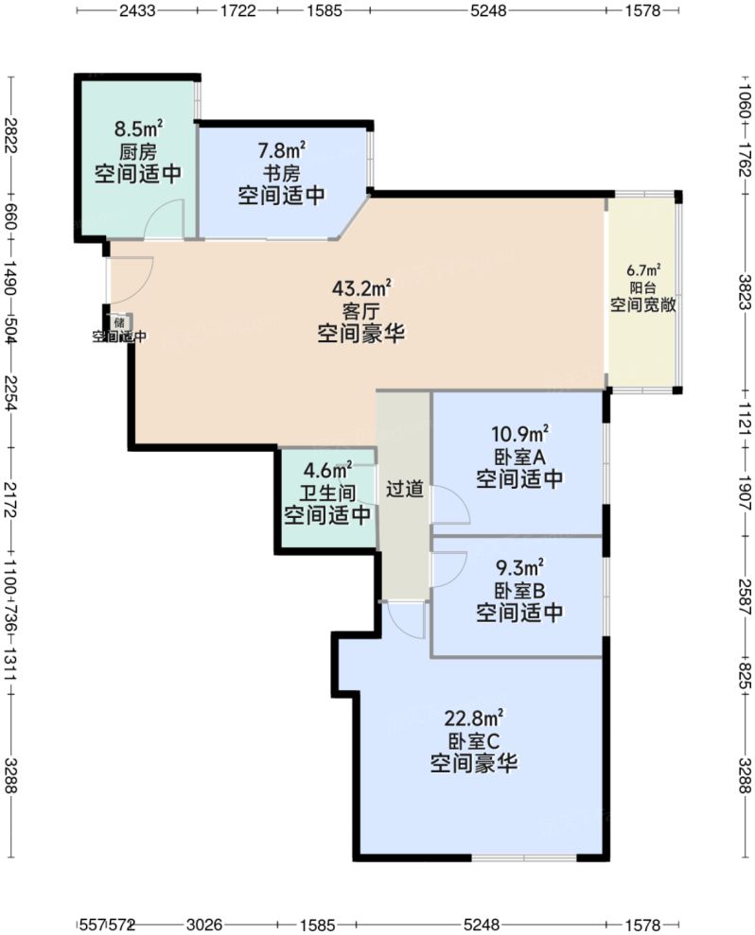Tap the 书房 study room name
coord(281,173)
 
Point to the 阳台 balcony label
coord(642,287)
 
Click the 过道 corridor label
coord(404,491)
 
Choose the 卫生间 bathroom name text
coord(327,492)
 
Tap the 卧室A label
coord(519,457)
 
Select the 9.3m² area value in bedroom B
coord(519,569)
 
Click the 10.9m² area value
coord(519,435)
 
